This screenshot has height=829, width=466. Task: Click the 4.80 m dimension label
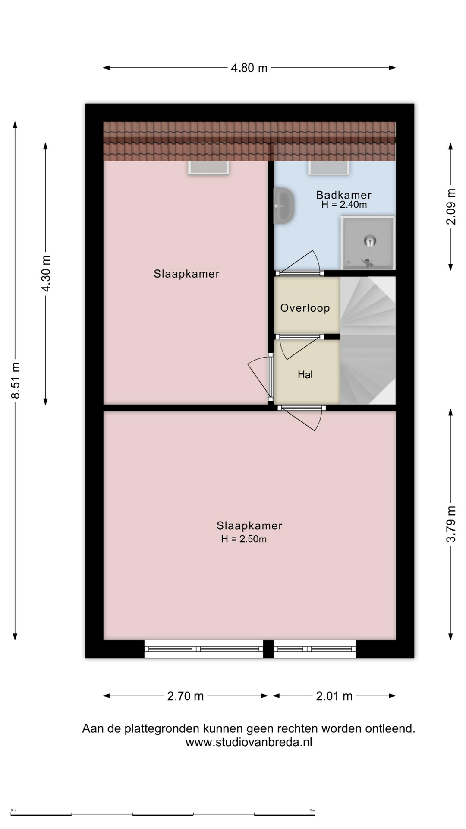tap(249, 68)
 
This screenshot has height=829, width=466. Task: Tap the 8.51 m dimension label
tap(16, 380)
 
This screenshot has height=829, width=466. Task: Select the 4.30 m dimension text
tap(46, 273)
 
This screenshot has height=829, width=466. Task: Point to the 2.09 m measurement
tap(450, 206)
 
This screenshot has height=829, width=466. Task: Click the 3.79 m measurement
tap(450, 524)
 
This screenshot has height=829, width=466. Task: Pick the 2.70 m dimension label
tap(185, 696)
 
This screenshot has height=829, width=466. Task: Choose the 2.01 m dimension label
tap(334, 696)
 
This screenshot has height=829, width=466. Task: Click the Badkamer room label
tap(343, 195)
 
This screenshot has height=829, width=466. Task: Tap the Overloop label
tap(305, 308)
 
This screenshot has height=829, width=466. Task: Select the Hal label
tap(305, 374)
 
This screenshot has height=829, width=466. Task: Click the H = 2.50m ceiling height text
tap(244, 539)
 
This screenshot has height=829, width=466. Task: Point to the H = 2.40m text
tap(344, 205)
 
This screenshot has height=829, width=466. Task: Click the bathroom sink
tap(284, 205)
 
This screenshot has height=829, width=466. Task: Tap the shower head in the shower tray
tap(369, 240)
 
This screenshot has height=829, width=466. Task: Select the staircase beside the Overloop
tap(368, 340)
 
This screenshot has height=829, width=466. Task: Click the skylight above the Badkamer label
tap(329, 168)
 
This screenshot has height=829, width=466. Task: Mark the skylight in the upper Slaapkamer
tap(208, 168)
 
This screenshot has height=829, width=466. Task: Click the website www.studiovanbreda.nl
tap(249, 742)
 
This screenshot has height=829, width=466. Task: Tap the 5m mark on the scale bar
tap(312, 810)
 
